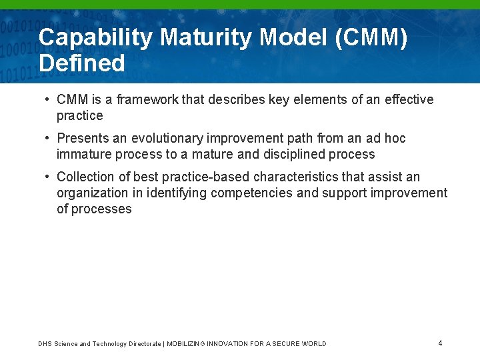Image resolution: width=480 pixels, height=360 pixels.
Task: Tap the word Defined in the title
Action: click(x=82, y=63)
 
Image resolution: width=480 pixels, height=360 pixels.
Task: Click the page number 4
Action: click(x=440, y=343)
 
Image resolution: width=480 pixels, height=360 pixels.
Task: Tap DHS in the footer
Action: click(x=44, y=344)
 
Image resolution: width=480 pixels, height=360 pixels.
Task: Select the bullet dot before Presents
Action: click(x=48, y=138)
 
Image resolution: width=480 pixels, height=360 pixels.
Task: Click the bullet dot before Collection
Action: click(x=48, y=177)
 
